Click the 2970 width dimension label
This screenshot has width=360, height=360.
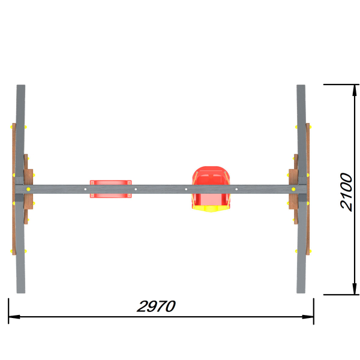click(156, 306)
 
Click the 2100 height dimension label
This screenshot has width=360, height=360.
click(346, 192)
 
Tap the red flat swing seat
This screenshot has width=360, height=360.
click(110, 189)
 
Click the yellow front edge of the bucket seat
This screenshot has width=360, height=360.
click(211, 209)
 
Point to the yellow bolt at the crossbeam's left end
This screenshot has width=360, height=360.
click(28, 189)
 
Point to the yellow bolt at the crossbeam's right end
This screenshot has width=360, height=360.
click(293, 189)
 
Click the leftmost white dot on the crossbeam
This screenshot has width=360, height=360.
click(85, 189)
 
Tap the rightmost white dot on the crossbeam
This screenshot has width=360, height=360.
click(236, 189)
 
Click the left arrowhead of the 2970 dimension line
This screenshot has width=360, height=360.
click(14, 317)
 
